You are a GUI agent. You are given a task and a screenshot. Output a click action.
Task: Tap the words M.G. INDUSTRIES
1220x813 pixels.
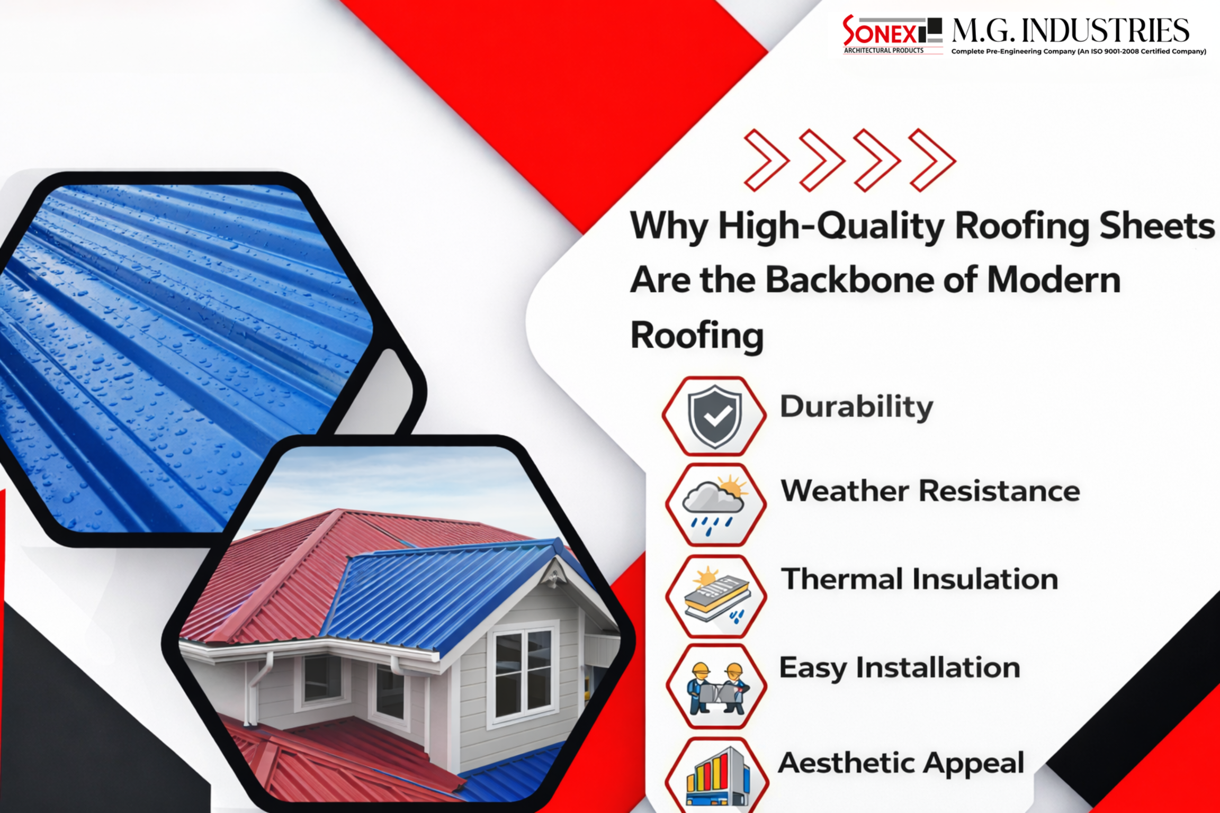pyautogui.click(x=1070, y=31)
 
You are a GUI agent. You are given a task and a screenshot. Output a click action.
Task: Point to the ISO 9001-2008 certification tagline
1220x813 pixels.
pyautogui.click(x=1078, y=51)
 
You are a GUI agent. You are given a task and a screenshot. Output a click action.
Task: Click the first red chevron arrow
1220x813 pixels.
pyautogui.click(x=766, y=160)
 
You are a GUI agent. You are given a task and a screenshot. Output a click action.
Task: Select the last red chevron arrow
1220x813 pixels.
pyautogui.click(x=932, y=160)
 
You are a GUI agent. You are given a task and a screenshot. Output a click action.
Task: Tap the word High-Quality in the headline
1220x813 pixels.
pyautogui.click(x=831, y=226)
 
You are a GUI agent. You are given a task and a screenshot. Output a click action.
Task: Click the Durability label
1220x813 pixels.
pyautogui.click(x=856, y=407)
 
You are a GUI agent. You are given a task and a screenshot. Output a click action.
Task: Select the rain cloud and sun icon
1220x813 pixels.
pyautogui.click(x=715, y=505)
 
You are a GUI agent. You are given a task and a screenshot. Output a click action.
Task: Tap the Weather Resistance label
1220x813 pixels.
pyautogui.click(x=930, y=491)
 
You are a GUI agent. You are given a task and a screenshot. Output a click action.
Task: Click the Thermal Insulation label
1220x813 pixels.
pyautogui.click(x=920, y=579)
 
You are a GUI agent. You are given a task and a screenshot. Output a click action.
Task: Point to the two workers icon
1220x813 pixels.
pyautogui.click(x=716, y=687)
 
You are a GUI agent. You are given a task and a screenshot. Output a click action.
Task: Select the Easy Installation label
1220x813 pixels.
pyautogui.click(x=899, y=667)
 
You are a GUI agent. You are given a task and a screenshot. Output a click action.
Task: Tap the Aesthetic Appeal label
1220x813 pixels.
pyautogui.click(x=901, y=763)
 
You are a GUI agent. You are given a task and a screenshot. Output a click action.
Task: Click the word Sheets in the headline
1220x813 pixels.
pyautogui.click(x=1156, y=226)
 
